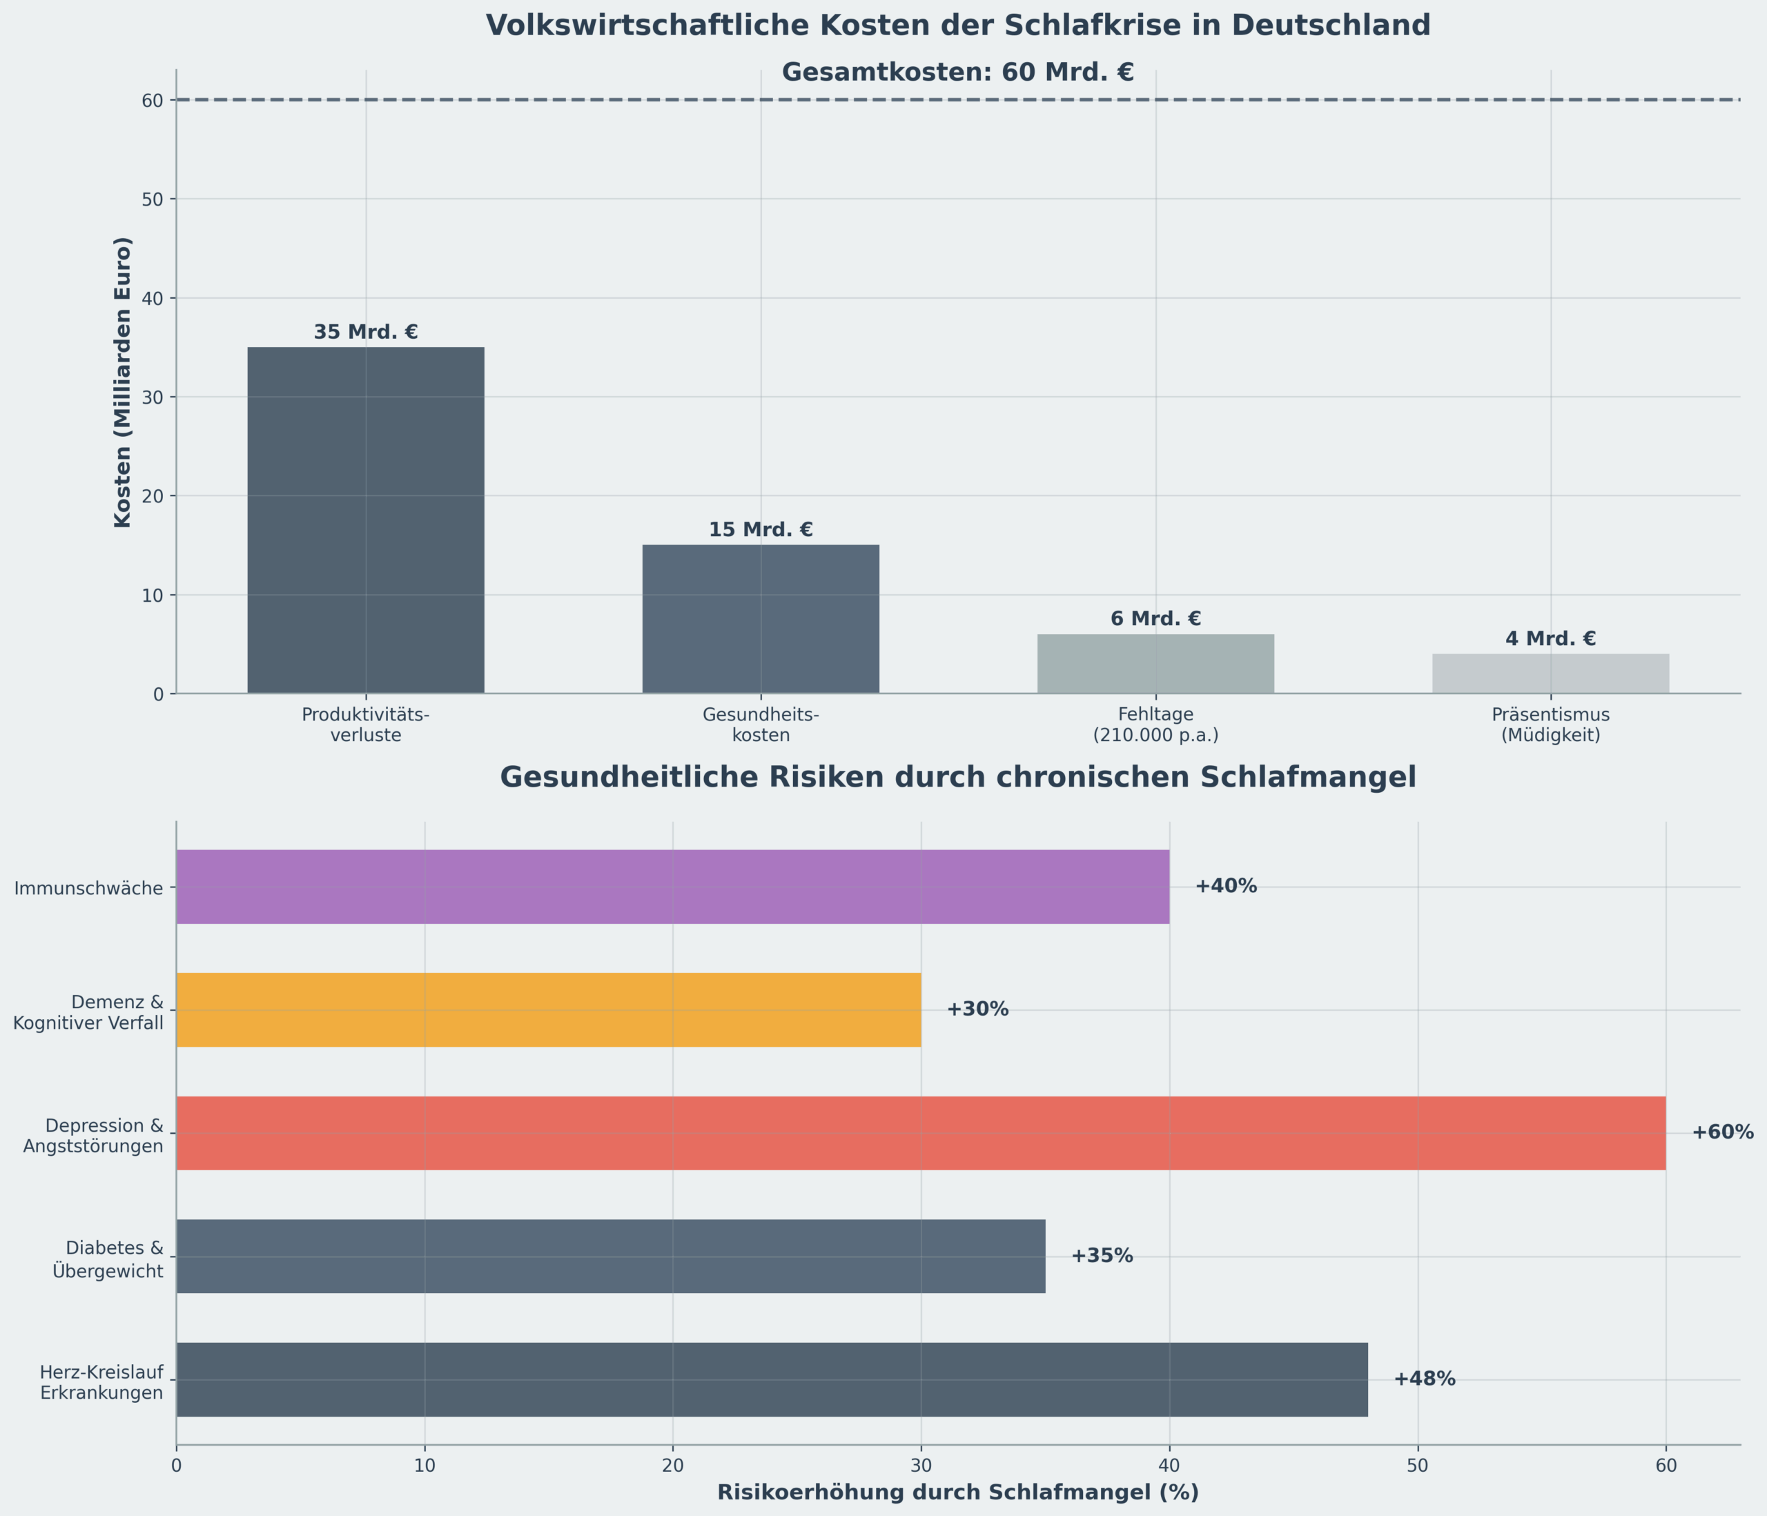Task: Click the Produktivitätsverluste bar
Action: tap(366, 520)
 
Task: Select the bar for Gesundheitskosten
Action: tap(761, 619)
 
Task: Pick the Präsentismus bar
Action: tap(1550, 673)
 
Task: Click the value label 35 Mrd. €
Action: tap(366, 333)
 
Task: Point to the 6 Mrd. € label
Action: tap(1155, 619)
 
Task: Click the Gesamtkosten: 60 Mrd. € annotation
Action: tap(957, 72)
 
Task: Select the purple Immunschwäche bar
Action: tap(672, 887)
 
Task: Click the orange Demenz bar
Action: tap(548, 1010)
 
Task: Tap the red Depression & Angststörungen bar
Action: tap(920, 1133)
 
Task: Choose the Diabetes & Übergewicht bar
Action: tap(611, 1256)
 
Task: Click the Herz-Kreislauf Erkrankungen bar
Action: tap(772, 1379)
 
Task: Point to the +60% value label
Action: tap(1723, 1133)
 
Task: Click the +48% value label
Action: tap(1424, 1379)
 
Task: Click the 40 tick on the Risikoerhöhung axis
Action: tap(1169, 1466)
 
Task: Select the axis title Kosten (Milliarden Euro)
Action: tap(123, 382)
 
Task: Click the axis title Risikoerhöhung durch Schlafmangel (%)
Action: tap(957, 1493)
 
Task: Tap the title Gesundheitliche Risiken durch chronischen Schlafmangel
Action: tap(957, 778)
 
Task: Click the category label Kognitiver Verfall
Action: tap(88, 1023)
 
